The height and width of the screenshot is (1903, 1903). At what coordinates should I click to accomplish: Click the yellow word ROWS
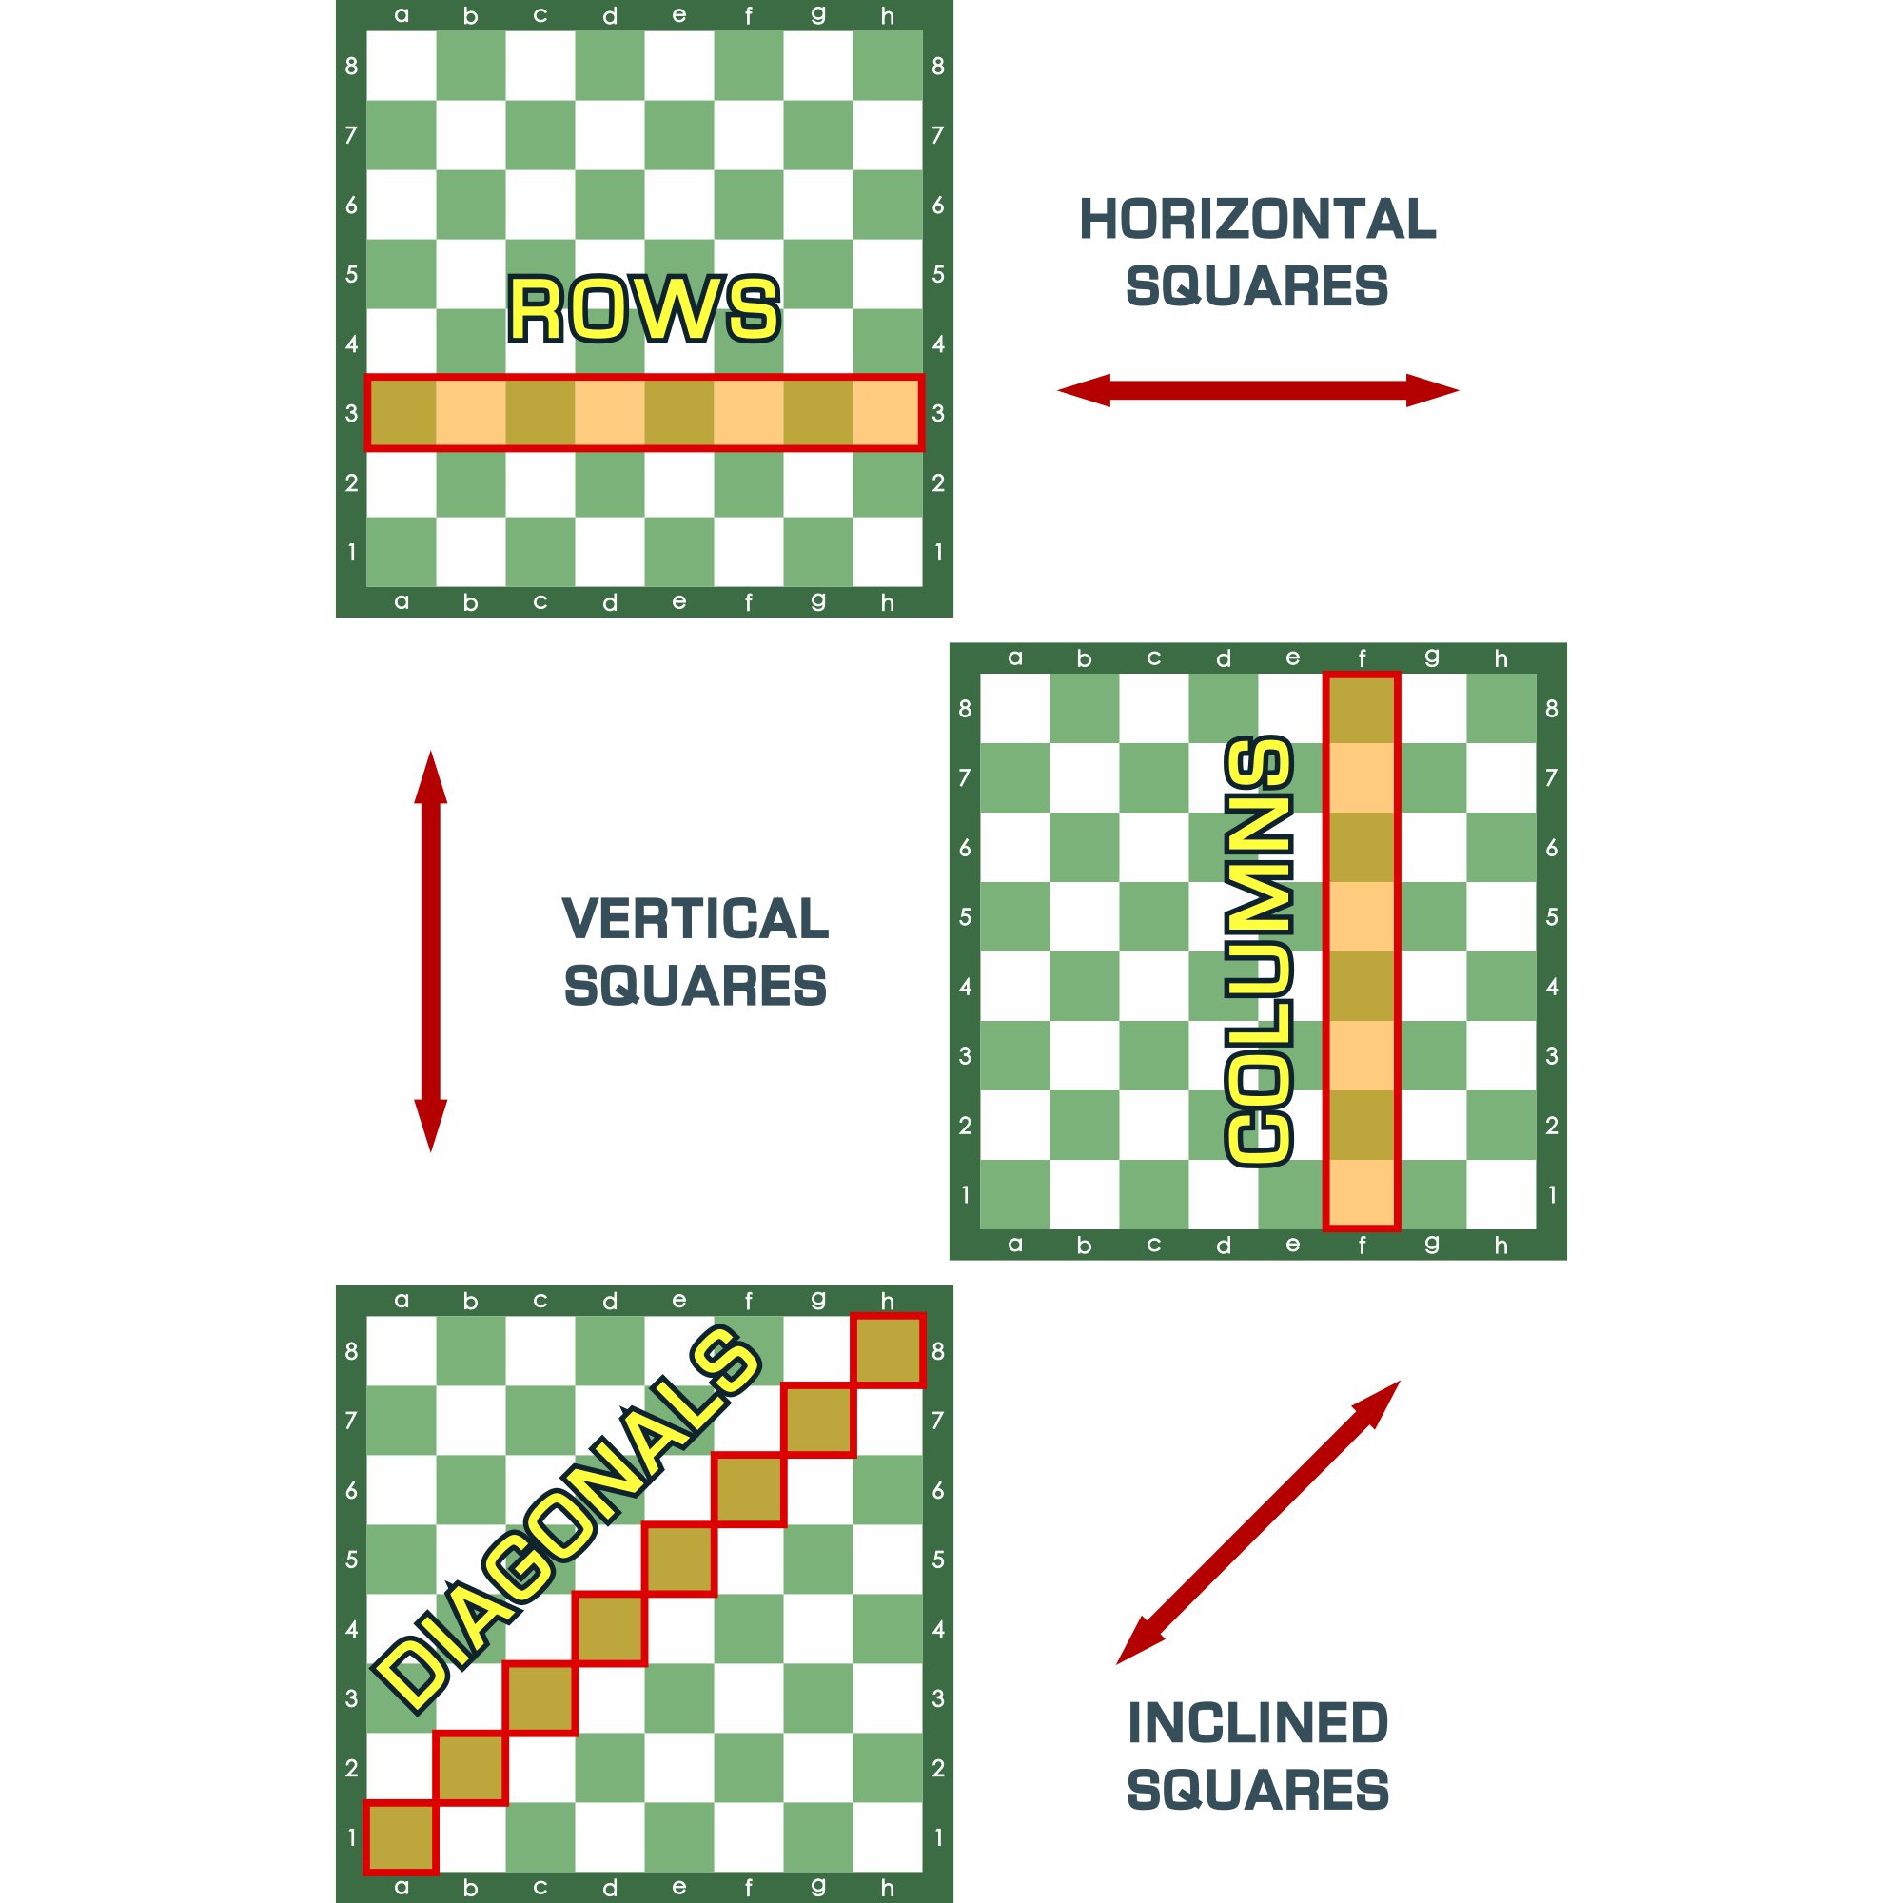point(644,308)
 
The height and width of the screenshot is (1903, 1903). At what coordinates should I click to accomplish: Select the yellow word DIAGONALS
point(566,1520)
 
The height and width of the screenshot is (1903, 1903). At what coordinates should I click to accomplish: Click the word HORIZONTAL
point(1258,219)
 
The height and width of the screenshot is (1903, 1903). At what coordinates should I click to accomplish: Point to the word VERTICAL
point(696,918)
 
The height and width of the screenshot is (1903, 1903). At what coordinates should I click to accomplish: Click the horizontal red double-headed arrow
point(1258,390)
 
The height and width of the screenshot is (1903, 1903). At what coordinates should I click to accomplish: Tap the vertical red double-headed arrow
point(430,951)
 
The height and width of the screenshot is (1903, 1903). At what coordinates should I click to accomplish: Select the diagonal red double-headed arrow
point(1258,1522)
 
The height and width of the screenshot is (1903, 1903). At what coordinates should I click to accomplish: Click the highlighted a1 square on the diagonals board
point(401,1837)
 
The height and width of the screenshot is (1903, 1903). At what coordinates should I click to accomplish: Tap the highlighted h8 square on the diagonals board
point(888,1350)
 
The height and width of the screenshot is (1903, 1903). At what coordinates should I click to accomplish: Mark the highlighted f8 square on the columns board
point(1363,708)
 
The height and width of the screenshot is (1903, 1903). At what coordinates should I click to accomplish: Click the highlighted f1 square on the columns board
point(1363,1195)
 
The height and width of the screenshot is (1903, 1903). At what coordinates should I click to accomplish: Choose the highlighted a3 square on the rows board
point(402,413)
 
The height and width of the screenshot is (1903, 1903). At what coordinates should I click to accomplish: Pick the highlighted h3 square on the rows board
point(888,413)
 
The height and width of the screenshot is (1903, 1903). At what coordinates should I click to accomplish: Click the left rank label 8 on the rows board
point(352,66)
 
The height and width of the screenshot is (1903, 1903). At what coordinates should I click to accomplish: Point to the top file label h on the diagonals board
point(888,1300)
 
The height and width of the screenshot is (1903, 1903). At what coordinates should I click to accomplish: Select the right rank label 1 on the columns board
point(1552,1195)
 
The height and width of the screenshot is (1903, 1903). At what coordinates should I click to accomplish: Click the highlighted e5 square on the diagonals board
point(678,1560)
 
